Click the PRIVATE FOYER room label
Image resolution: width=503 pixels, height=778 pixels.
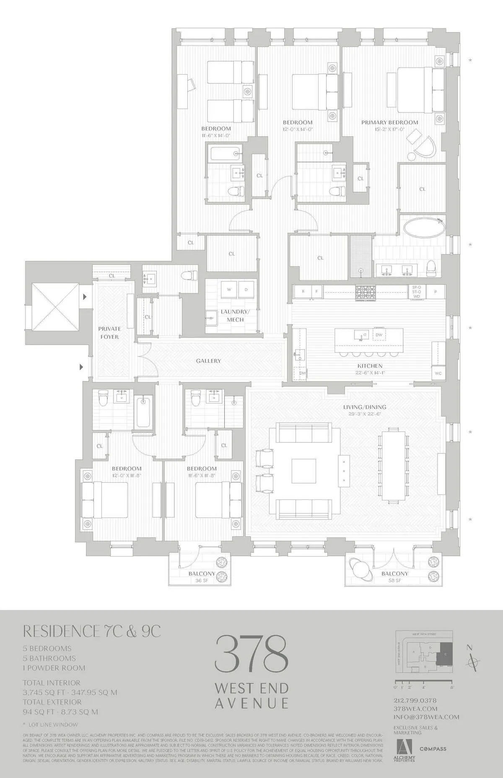coord(109,333)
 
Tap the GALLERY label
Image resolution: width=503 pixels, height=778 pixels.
coord(208,361)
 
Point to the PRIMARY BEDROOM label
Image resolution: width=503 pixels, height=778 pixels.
coord(390,122)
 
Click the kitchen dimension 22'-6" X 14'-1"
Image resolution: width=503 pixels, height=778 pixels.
coord(370,372)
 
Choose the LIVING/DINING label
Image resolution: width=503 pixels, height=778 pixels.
coord(365,407)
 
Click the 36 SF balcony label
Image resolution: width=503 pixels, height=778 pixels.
coord(202,581)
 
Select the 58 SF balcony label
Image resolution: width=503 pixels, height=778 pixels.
coord(394,580)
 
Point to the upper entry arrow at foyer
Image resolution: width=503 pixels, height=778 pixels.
coord(85,297)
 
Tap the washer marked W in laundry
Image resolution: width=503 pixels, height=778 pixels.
coord(229,289)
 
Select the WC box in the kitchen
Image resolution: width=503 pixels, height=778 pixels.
coord(438,373)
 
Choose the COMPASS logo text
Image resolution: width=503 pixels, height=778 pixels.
coord(433,749)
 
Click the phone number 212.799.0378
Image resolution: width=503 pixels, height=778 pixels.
coord(415,700)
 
